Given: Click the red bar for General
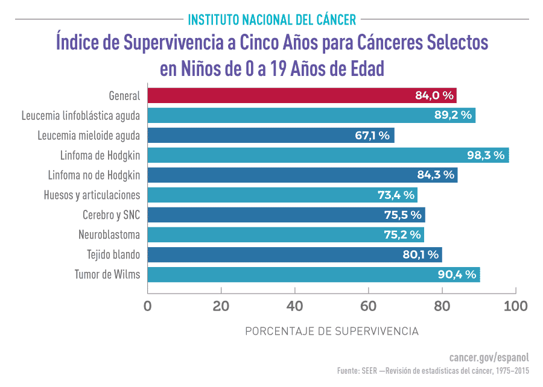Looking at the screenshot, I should point(302,95).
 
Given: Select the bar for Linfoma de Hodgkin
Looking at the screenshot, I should point(328,155).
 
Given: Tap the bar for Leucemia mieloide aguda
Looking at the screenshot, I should point(270,135).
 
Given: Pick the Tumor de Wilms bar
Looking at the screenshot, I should point(313,275).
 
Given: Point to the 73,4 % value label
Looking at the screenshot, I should point(396,195).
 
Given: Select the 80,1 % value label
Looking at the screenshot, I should point(421,255).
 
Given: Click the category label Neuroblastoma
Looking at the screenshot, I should point(109,235).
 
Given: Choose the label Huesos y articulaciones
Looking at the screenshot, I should point(92,195).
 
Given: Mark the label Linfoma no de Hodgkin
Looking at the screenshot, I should point(94,175).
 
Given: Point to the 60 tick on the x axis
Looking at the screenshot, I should point(369,306).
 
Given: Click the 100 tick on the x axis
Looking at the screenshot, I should point(515,306).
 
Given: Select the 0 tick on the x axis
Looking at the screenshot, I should point(147,306).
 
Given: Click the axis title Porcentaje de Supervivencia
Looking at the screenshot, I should point(331,332).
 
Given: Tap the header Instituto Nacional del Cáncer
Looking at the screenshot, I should point(271,19).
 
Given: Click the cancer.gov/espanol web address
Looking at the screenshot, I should point(489,356).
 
